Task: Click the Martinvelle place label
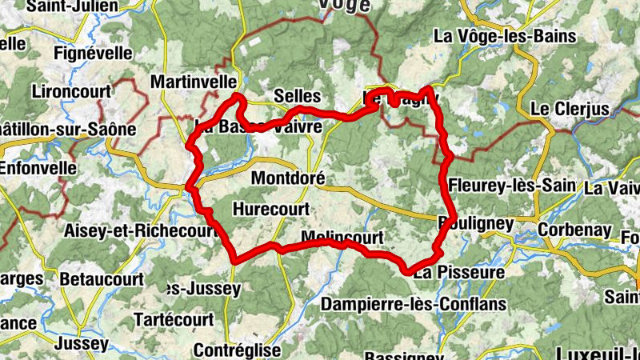(x=194, y=82)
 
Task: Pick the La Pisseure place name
(x=459, y=273)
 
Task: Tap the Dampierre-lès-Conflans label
(x=414, y=304)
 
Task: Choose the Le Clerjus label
(x=570, y=109)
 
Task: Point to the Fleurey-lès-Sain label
(x=512, y=186)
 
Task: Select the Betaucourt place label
(x=103, y=280)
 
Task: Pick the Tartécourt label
(x=174, y=319)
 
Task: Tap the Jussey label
(x=82, y=344)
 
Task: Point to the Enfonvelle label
(x=38, y=169)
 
